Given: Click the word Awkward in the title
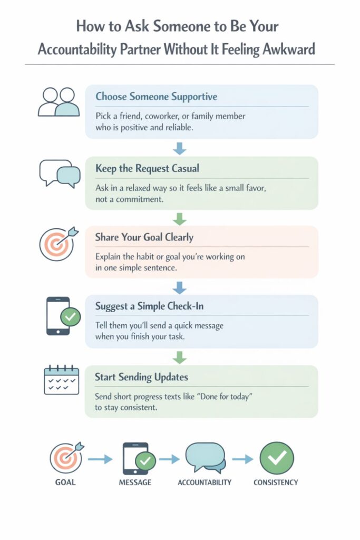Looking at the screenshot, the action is [x=288, y=49].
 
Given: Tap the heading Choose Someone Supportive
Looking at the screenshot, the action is [x=156, y=97].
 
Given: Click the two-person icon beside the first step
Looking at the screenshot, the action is [x=59, y=102].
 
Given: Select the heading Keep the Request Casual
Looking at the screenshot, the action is [x=147, y=168].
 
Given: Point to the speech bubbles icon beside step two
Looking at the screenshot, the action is [x=60, y=173].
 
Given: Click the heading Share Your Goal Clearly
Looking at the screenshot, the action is [x=144, y=237].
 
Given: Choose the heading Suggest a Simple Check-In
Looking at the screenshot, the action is [x=149, y=306].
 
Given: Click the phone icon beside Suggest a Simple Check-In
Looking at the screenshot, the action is [x=63, y=316].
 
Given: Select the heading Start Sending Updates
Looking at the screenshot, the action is [x=141, y=377].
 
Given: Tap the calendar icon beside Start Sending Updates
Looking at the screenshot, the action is [x=62, y=380].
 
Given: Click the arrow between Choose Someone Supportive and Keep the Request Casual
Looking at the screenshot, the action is [x=180, y=148].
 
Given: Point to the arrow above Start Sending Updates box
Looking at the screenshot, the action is [x=180, y=358].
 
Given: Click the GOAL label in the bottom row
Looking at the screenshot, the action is [x=65, y=483].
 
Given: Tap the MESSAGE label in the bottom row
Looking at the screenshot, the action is [x=135, y=483].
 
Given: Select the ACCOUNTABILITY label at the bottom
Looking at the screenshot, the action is [x=205, y=483].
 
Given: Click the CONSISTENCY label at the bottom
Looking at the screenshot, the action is [x=276, y=483].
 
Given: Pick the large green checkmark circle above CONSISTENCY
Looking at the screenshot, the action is [x=277, y=458].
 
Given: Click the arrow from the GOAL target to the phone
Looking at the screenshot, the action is [x=100, y=459].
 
